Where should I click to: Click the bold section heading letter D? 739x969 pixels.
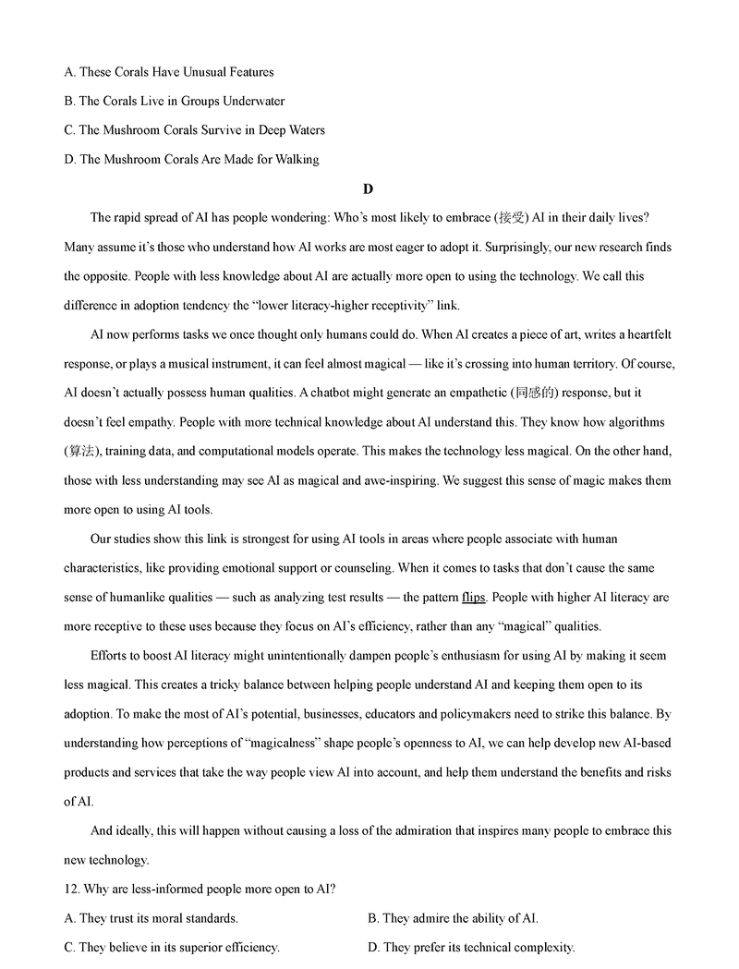pos(368,189)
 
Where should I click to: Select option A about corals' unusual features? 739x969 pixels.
pos(169,71)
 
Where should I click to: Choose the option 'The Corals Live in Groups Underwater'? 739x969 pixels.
pos(175,101)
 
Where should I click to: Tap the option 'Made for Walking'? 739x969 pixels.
pos(191,160)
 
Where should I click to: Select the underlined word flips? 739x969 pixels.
pos(474,597)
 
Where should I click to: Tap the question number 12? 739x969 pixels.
pos(73,889)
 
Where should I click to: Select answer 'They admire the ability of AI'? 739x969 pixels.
pos(453,918)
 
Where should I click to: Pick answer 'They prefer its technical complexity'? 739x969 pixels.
pos(471,947)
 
